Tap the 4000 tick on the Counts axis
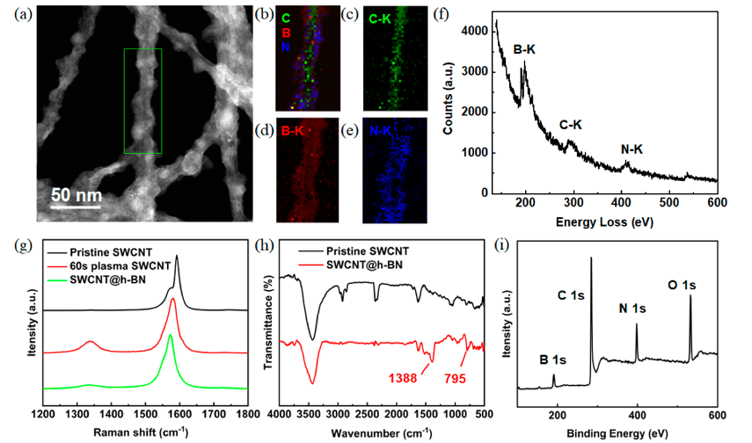point(474,31)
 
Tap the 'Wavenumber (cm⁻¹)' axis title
point(382,433)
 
